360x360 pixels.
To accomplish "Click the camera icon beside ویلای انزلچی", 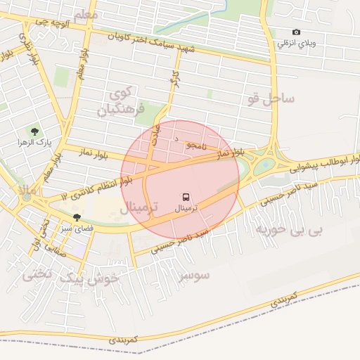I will [x=296, y=32].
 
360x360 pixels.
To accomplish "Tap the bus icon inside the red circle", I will [x=186, y=197].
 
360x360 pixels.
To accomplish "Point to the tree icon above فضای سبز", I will [x=77, y=217].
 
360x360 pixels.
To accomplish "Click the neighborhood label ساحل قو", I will [x=271, y=98].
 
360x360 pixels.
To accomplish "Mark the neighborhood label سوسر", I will [x=195, y=276].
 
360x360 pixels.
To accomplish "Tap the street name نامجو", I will [x=195, y=145].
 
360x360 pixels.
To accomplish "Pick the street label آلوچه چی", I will [x=56, y=23].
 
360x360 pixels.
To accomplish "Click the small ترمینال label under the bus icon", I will [x=186, y=208].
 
